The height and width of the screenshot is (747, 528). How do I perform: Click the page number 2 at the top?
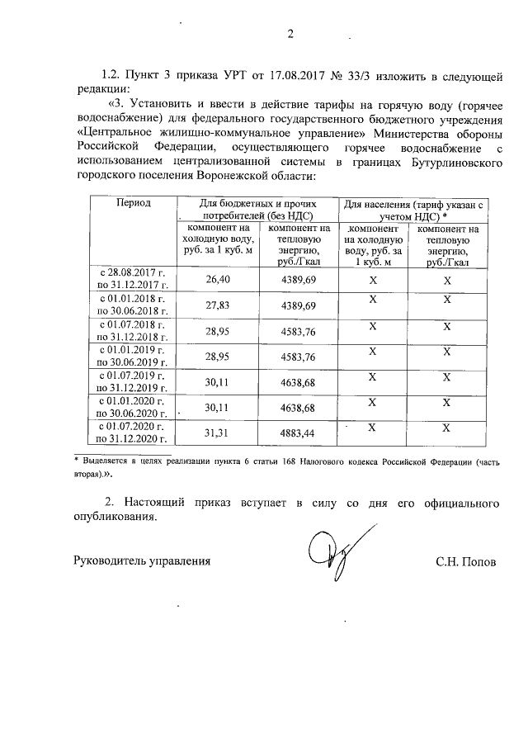[x=290, y=35]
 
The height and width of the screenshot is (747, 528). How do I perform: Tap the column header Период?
[x=133, y=203]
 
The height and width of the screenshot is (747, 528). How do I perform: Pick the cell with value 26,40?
[x=215, y=280]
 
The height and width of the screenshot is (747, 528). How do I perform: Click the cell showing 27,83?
[x=215, y=305]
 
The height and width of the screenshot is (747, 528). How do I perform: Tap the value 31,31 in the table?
[x=215, y=433]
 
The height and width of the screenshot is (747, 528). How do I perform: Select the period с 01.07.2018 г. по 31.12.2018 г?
[x=133, y=329]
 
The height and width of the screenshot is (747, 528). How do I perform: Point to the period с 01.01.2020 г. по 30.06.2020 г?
[x=133, y=407]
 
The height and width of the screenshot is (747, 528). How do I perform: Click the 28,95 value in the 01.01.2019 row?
[x=215, y=357]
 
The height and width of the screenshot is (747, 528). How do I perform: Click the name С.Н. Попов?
[x=466, y=562]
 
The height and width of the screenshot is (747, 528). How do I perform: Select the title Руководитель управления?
[x=142, y=562]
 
